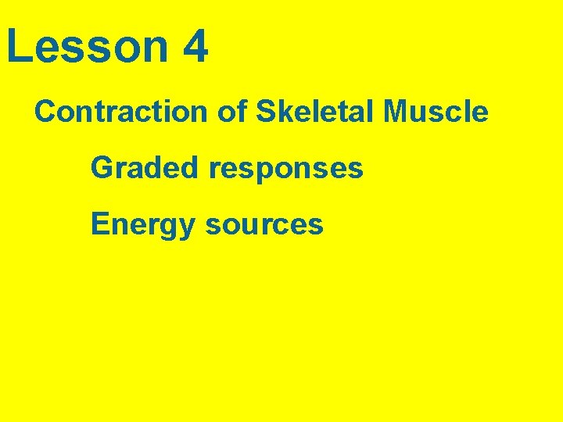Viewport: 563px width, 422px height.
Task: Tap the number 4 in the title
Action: [195, 47]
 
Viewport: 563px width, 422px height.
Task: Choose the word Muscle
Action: [436, 112]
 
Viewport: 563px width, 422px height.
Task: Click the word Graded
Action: [145, 167]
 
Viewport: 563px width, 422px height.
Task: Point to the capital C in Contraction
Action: [45, 112]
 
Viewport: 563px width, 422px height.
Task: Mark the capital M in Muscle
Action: [396, 112]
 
